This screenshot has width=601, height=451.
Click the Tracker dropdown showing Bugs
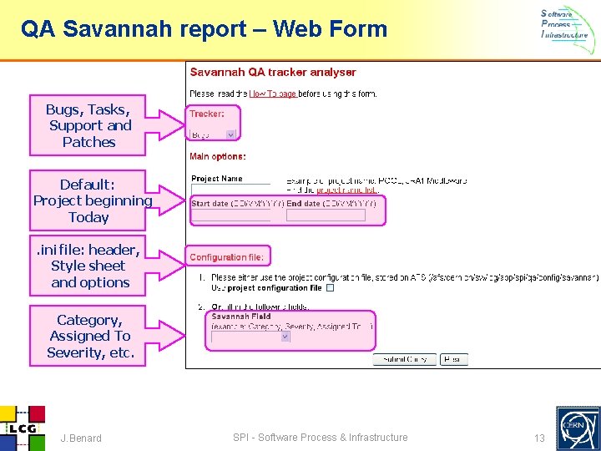coord(214,134)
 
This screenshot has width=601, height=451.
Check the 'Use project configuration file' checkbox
coord(330,288)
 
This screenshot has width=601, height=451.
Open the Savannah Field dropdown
coord(250,337)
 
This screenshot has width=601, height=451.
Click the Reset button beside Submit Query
coord(453,359)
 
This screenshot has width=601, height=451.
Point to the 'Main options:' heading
coord(218,156)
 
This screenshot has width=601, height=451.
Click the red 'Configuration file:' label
coord(226,257)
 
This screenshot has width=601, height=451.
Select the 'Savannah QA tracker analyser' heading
coord(273,73)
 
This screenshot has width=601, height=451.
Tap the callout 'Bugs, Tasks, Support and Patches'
coord(88,125)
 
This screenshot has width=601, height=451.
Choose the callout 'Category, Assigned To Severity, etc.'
coord(90,336)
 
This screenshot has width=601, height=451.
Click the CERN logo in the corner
coord(578,428)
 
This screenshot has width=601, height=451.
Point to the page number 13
coord(539,438)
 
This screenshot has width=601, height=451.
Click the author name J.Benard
coord(81,438)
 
